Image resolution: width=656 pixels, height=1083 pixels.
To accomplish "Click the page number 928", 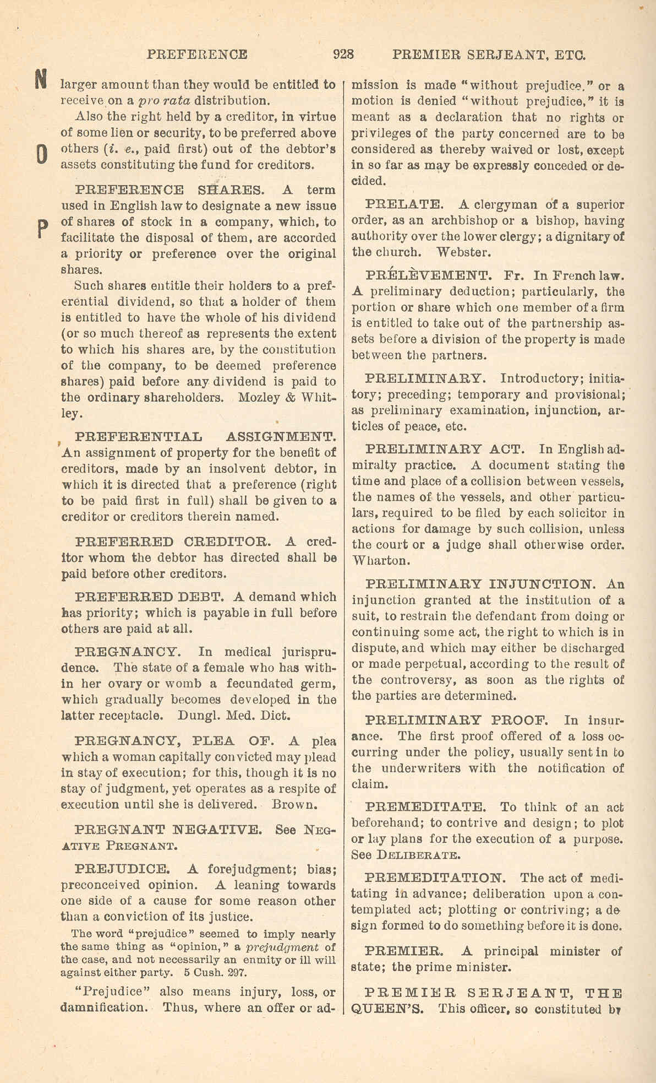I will point(343,55).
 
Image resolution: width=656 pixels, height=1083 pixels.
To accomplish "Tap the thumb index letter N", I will point(40,80).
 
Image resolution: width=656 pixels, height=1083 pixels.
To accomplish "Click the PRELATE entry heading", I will point(403,205).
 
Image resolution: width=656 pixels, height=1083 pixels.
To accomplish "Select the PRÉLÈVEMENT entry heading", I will point(427,275).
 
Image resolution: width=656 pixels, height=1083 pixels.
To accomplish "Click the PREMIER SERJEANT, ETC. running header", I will point(489,55).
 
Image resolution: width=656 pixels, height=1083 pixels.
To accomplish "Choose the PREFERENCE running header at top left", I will point(197,55).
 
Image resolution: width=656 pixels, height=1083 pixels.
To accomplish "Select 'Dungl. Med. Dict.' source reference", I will point(235,716).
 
